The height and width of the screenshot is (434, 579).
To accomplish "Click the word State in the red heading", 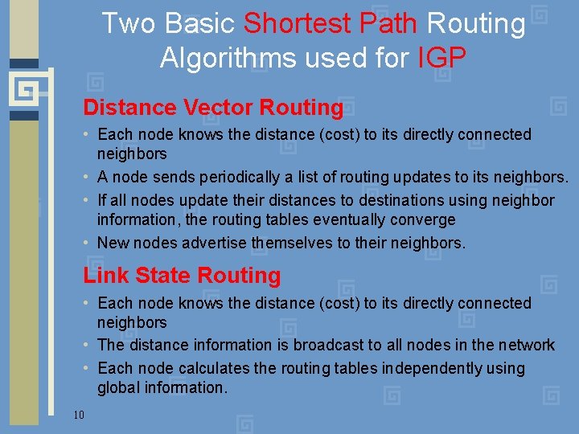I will [x=161, y=276].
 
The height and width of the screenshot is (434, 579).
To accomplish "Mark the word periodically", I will [x=210, y=177].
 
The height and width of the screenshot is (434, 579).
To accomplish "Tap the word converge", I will [x=423, y=219].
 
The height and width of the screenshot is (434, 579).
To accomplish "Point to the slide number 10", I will [x=79, y=415].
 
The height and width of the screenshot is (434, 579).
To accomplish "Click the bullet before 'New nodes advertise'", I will [x=87, y=243].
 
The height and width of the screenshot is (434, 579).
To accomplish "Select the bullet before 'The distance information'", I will [x=87, y=346].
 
